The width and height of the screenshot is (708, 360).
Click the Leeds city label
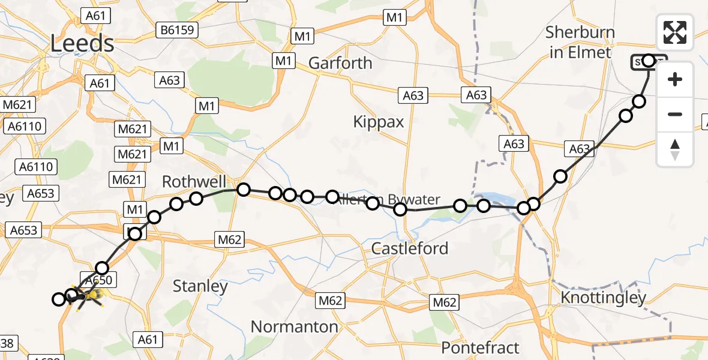pos(82,44)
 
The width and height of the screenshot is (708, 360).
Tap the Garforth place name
pos(340,63)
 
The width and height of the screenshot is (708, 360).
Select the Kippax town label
pos(379,122)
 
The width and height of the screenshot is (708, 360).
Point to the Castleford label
pos(410,248)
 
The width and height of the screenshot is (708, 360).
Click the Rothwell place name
pos(194,182)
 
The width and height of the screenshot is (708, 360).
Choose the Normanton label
pos(295,327)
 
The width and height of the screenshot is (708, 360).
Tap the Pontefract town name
pos(480,347)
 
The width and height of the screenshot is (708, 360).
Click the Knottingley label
pos(603,298)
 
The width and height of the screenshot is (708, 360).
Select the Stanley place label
pos(200,286)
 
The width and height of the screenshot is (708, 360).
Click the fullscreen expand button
pos(675,32)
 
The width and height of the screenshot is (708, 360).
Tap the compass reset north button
pos(675,149)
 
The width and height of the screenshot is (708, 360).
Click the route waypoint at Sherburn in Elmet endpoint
pos(649,61)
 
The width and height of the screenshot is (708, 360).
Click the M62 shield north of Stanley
pos(230,241)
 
